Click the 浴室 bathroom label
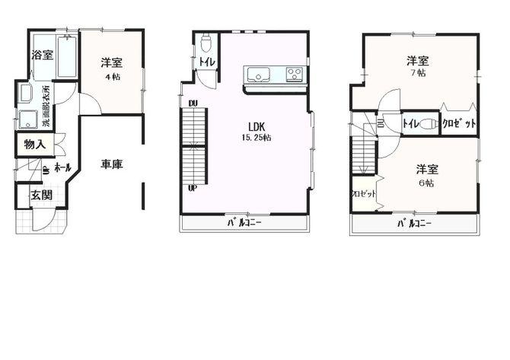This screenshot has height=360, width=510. click(x=42, y=55)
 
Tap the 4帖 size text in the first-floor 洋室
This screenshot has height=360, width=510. click(x=112, y=77)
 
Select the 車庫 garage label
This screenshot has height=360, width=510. click(x=112, y=163)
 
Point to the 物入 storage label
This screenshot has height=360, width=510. click(x=34, y=145)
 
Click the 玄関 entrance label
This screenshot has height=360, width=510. click(x=40, y=195)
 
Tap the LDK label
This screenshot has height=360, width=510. click(x=256, y=126)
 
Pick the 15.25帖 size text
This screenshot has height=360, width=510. click(x=256, y=138)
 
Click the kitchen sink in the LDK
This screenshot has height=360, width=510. click(x=257, y=75)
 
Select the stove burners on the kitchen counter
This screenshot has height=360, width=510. click(x=295, y=75)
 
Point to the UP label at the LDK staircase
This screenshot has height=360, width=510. click(x=193, y=188)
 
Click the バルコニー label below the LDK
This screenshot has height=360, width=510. click(x=244, y=223)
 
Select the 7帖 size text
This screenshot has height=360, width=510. click(x=416, y=74)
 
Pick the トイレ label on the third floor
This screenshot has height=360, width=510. click(x=411, y=123)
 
